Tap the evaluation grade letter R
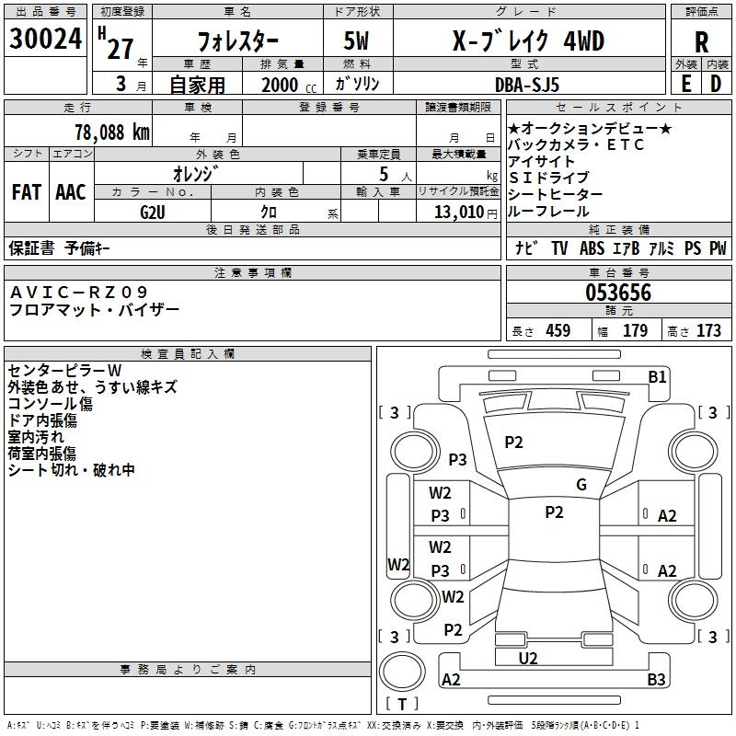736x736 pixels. coord(701,43)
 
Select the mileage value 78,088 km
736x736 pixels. coord(111,132)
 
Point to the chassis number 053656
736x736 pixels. coord(618,293)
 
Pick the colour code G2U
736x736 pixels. coord(153,212)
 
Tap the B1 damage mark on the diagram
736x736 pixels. coord(657,376)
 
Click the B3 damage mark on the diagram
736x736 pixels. coord(656,680)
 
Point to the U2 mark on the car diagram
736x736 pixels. coord(528,658)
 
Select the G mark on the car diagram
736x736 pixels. coord(581,485)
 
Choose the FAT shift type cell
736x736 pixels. coord(26,192)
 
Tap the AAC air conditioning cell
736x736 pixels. coord(71,192)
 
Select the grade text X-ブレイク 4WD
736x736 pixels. coord(529,41)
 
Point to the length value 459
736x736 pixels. coord(558,331)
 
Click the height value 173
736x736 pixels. coord(708,331)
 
